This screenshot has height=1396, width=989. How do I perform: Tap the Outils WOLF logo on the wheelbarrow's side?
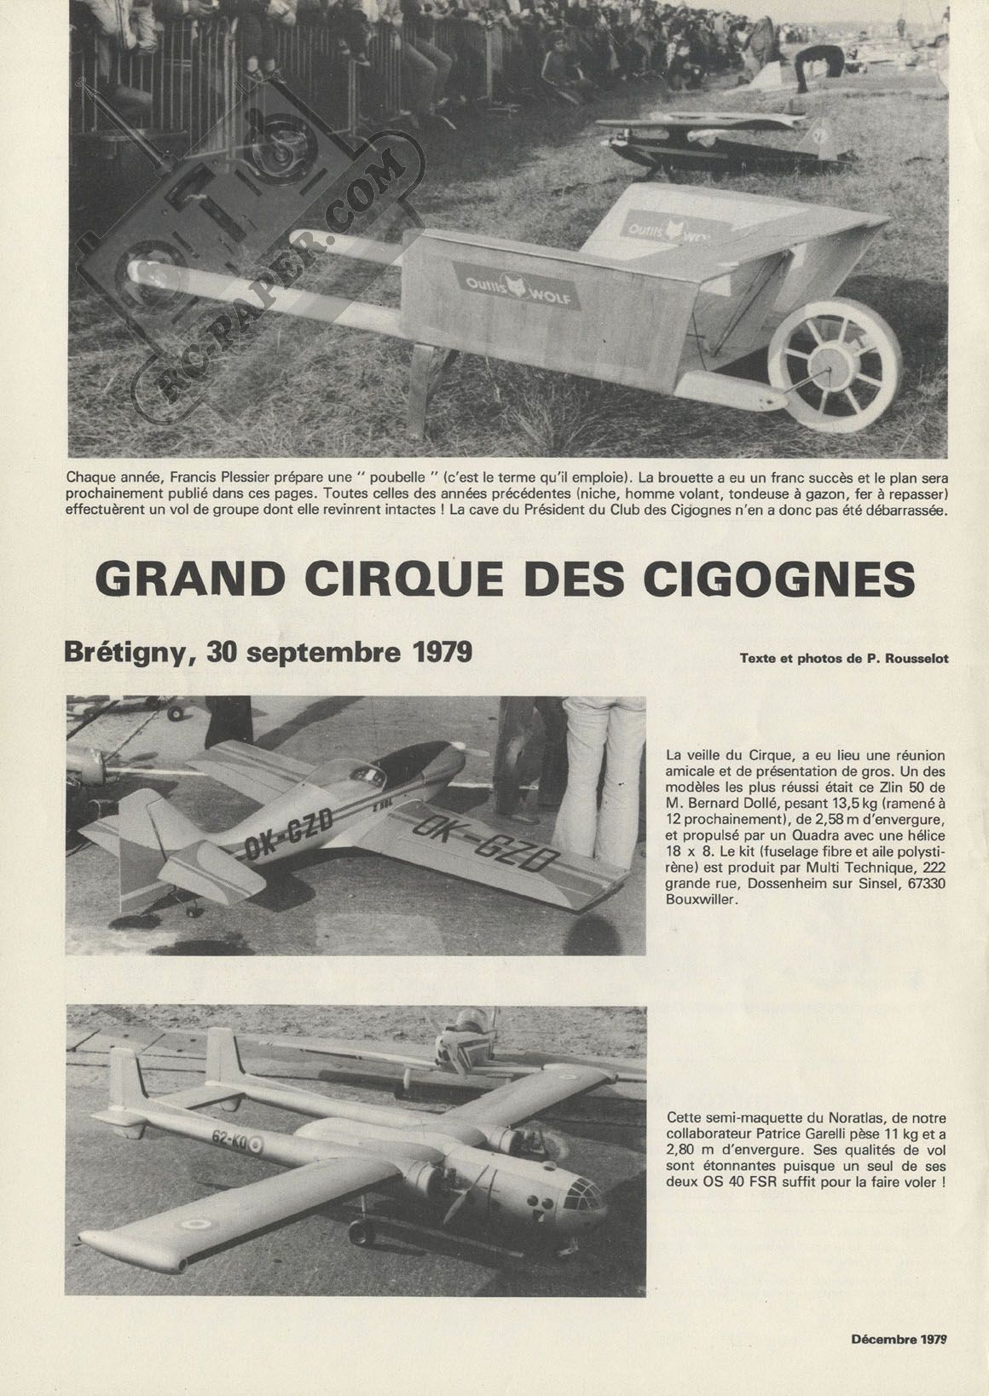pos(517,286)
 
